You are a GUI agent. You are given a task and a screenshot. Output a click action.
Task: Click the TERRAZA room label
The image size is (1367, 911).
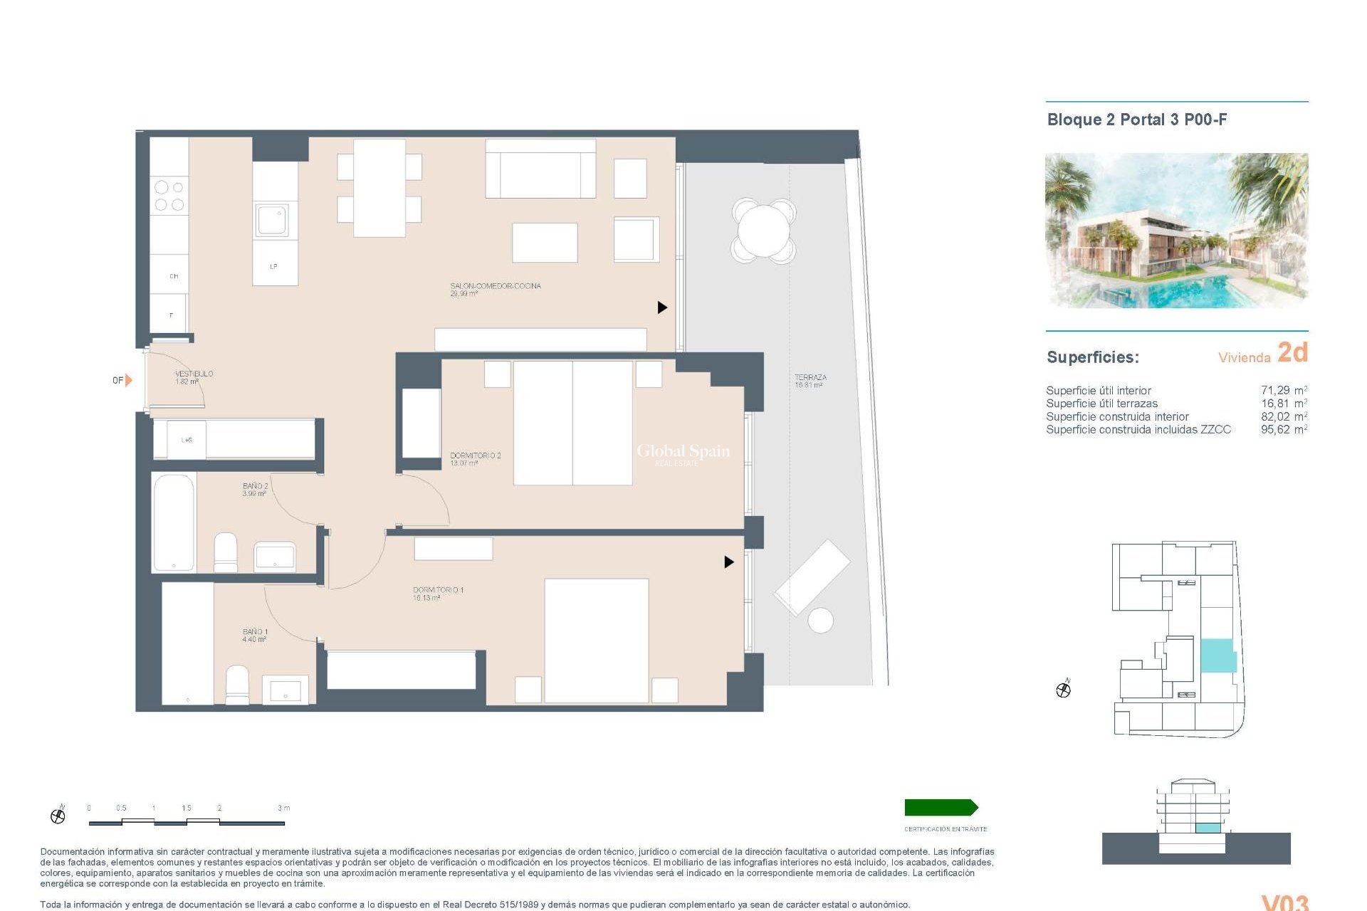[x=810, y=381]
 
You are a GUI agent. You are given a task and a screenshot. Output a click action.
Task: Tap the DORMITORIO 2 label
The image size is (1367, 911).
[x=475, y=459]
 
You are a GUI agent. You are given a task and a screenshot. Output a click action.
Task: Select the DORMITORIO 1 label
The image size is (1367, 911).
[x=438, y=594]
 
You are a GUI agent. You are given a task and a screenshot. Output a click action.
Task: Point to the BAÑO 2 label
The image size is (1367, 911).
[x=255, y=490]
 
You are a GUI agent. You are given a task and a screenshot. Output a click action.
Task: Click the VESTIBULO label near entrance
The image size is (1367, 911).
[x=194, y=377]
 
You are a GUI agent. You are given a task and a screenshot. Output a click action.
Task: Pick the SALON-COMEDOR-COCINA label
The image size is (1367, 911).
[x=495, y=289]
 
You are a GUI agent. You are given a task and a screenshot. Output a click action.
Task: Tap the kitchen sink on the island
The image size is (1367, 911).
[x=273, y=220]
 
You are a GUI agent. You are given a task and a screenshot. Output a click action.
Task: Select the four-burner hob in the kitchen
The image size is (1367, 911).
[x=169, y=196]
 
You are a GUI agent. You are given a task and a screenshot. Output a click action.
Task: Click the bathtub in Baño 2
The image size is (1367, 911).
[x=174, y=522]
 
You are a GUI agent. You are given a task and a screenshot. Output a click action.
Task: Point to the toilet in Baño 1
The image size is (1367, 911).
[x=237, y=685]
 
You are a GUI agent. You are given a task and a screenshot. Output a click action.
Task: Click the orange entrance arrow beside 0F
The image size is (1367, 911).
[x=129, y=380]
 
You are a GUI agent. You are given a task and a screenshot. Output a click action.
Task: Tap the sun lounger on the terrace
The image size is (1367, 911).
[x=812, y=576]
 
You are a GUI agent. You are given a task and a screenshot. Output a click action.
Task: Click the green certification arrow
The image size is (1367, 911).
[x=941, y=807]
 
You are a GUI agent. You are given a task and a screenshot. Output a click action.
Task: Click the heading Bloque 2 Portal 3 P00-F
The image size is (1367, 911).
[x=1136, y=120]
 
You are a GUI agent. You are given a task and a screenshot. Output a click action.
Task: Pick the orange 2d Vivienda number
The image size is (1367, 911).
[x=1292, y=352]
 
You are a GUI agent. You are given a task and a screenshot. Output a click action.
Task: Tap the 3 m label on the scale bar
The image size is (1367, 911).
[x=283, y=808]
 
